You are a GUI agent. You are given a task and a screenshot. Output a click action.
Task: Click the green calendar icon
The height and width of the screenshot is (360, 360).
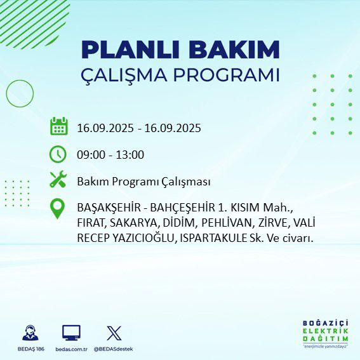[x=58, y=126]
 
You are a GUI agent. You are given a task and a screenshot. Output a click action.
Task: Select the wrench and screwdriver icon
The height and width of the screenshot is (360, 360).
[x=58, y=180]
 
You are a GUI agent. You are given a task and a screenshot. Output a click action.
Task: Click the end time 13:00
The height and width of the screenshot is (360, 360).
[x=130, y=154]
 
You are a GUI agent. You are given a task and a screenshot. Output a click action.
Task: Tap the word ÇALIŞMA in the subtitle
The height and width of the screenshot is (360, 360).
[x=126, y=75]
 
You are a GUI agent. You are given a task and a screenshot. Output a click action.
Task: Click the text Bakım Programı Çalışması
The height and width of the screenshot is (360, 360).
[x=143, y=182]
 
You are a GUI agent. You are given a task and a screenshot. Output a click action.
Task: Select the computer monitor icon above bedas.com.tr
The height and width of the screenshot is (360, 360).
[x=71, y=333]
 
